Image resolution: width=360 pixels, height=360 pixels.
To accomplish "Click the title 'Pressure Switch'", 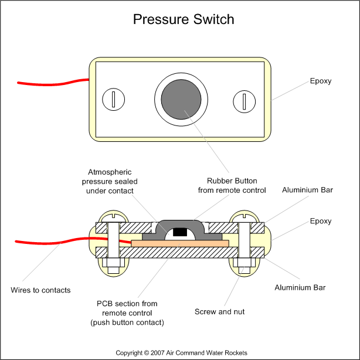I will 184,19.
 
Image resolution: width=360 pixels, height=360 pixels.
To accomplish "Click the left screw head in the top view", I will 111,100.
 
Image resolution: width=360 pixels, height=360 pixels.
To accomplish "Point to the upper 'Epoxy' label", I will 320,81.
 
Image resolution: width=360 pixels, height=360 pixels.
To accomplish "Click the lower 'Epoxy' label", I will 320,221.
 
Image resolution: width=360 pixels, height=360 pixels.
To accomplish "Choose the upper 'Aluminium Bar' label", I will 307,191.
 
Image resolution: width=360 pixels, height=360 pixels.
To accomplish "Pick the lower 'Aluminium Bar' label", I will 300,287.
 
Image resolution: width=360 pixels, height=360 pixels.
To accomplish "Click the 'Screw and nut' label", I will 220,311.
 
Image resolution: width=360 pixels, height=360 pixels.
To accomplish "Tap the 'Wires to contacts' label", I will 40,290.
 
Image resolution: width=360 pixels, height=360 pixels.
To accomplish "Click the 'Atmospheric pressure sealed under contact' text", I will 111,181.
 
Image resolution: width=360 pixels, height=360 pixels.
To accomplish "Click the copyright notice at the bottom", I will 181,352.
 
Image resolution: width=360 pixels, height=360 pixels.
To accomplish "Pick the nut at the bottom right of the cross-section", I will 242,264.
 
